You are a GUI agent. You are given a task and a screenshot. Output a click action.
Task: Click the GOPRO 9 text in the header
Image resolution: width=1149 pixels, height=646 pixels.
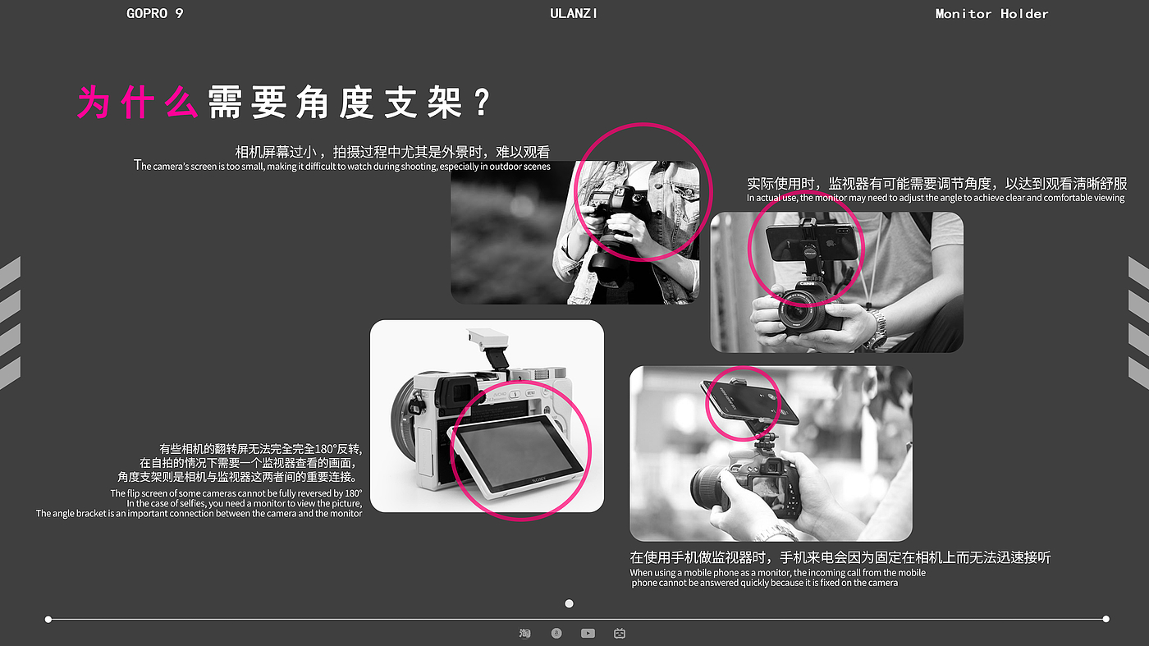154,13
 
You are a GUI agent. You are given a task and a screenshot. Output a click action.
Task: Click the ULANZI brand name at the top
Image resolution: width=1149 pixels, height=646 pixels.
574,13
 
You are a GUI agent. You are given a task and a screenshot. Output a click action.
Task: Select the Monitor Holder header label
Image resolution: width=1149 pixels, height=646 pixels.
991,14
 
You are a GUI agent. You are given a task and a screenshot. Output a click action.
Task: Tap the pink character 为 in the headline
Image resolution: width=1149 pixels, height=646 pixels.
94,102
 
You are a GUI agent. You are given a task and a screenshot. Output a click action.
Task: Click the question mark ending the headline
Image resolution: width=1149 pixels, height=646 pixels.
483,102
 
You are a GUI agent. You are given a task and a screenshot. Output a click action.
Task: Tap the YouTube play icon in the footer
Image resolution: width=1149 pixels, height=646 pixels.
588,633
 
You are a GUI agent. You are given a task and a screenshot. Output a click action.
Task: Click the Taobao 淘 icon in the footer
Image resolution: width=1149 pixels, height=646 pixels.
524,633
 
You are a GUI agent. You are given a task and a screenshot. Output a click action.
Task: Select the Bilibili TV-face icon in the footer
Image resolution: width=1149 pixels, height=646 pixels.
620,633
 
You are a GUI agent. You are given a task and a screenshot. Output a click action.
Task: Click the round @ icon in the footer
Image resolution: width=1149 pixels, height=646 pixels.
556,633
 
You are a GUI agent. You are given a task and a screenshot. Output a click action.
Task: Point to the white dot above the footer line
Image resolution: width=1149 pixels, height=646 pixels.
569,603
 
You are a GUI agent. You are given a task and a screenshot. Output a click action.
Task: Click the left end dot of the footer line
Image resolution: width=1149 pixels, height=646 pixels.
48,619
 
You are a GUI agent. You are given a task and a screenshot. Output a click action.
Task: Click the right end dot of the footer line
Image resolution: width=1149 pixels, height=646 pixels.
1106,619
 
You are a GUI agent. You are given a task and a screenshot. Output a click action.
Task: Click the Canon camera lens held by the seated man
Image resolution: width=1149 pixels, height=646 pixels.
798,311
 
